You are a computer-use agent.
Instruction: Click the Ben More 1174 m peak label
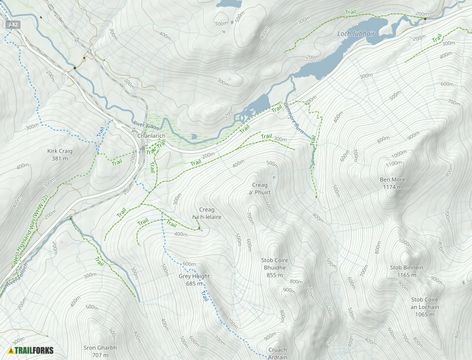pos(393,183)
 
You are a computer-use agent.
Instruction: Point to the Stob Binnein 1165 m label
pos(406,271)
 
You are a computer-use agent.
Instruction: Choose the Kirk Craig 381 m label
pos(60,154)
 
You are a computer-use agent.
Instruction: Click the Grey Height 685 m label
pos(194,280)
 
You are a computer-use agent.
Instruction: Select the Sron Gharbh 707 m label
pos(100,351)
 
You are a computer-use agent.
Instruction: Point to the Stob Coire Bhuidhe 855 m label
pos(274,267)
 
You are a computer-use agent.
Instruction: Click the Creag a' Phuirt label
pos(259,189)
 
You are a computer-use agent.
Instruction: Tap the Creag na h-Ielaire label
pos(207,213)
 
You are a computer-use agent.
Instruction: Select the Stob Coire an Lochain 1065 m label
pos(425,307)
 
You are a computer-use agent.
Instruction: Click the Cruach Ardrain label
pos(278,353)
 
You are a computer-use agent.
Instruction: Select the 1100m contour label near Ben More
pos(394,163)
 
